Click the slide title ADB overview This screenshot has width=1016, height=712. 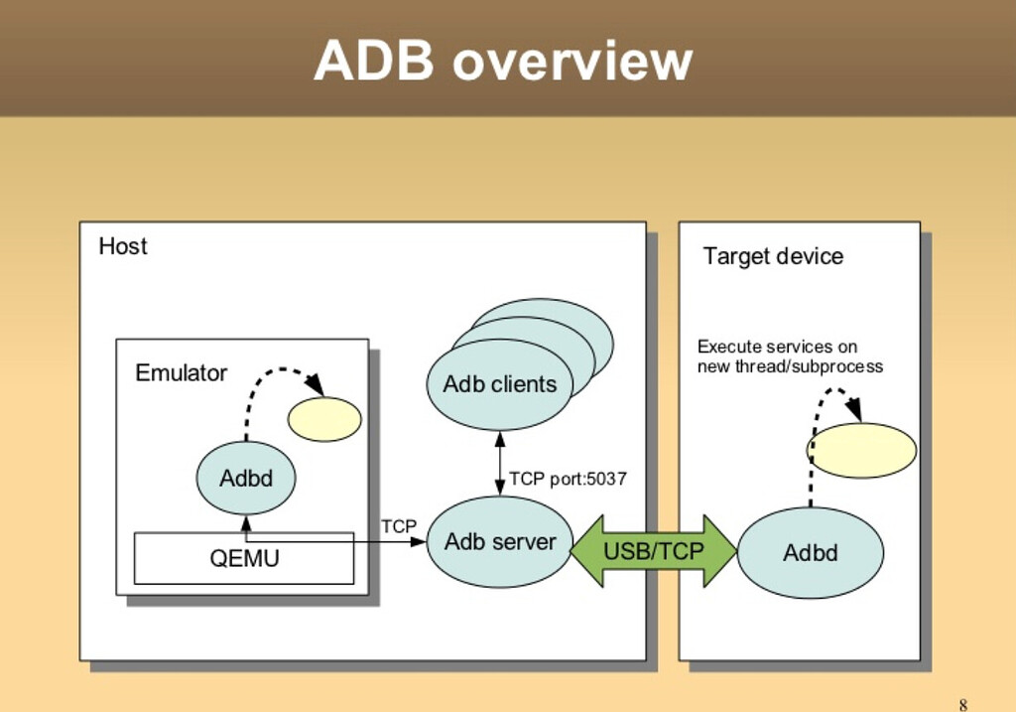click(503, 62)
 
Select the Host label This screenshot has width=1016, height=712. click(123, 246)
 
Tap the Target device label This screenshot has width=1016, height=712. click(773, 256)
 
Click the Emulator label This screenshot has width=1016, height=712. click(181, 373)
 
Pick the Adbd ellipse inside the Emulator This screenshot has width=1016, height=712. click(246, 478)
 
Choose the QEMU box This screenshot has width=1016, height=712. click(244, 558)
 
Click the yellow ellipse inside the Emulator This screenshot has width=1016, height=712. click(324, 419)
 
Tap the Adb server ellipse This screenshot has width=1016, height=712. click(499, 542)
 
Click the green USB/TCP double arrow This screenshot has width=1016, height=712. click(654, 551)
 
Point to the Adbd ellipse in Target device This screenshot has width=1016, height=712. click(811, 553)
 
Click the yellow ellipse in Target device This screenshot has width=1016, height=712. click(861, 450)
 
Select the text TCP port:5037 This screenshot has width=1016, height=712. click(568, 480)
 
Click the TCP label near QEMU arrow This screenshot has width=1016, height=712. click(399, 526)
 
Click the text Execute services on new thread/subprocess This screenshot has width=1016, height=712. click(790, 356)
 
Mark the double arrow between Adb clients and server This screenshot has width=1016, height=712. click(500, 463)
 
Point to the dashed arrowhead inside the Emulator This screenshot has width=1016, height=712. click(316, 384)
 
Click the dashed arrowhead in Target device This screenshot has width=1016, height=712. click(852, 407)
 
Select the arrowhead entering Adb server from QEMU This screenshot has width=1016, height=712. click(419, 542)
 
